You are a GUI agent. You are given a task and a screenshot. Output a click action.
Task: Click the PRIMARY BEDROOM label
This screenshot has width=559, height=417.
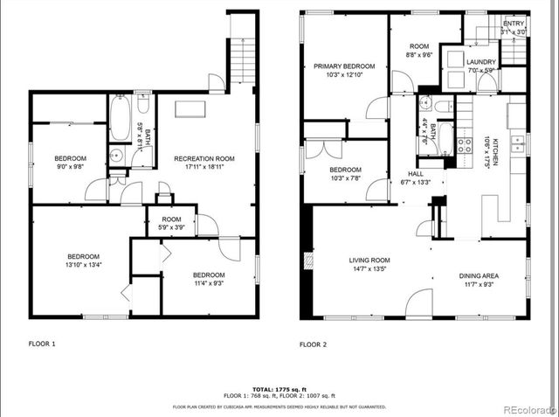pos(344,66)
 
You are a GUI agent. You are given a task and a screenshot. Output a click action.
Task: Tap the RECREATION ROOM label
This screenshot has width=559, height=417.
pos(204,158)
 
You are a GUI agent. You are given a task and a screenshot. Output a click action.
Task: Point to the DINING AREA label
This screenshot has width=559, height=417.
pos(480,275)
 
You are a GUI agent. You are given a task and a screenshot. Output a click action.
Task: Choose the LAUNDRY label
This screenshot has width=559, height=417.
pos(480,62)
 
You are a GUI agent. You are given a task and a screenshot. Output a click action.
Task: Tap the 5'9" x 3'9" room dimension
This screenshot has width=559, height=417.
pos(171,228)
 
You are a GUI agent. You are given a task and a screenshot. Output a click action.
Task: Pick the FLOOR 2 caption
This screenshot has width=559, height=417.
pos(313,344)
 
